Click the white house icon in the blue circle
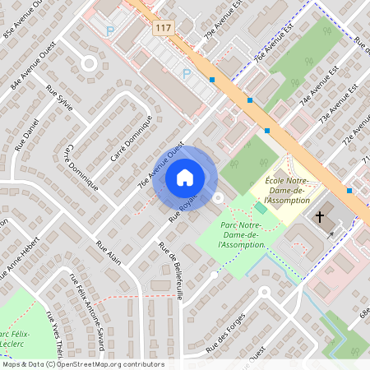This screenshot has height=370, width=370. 185,177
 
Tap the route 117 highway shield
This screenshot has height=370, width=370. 163,29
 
